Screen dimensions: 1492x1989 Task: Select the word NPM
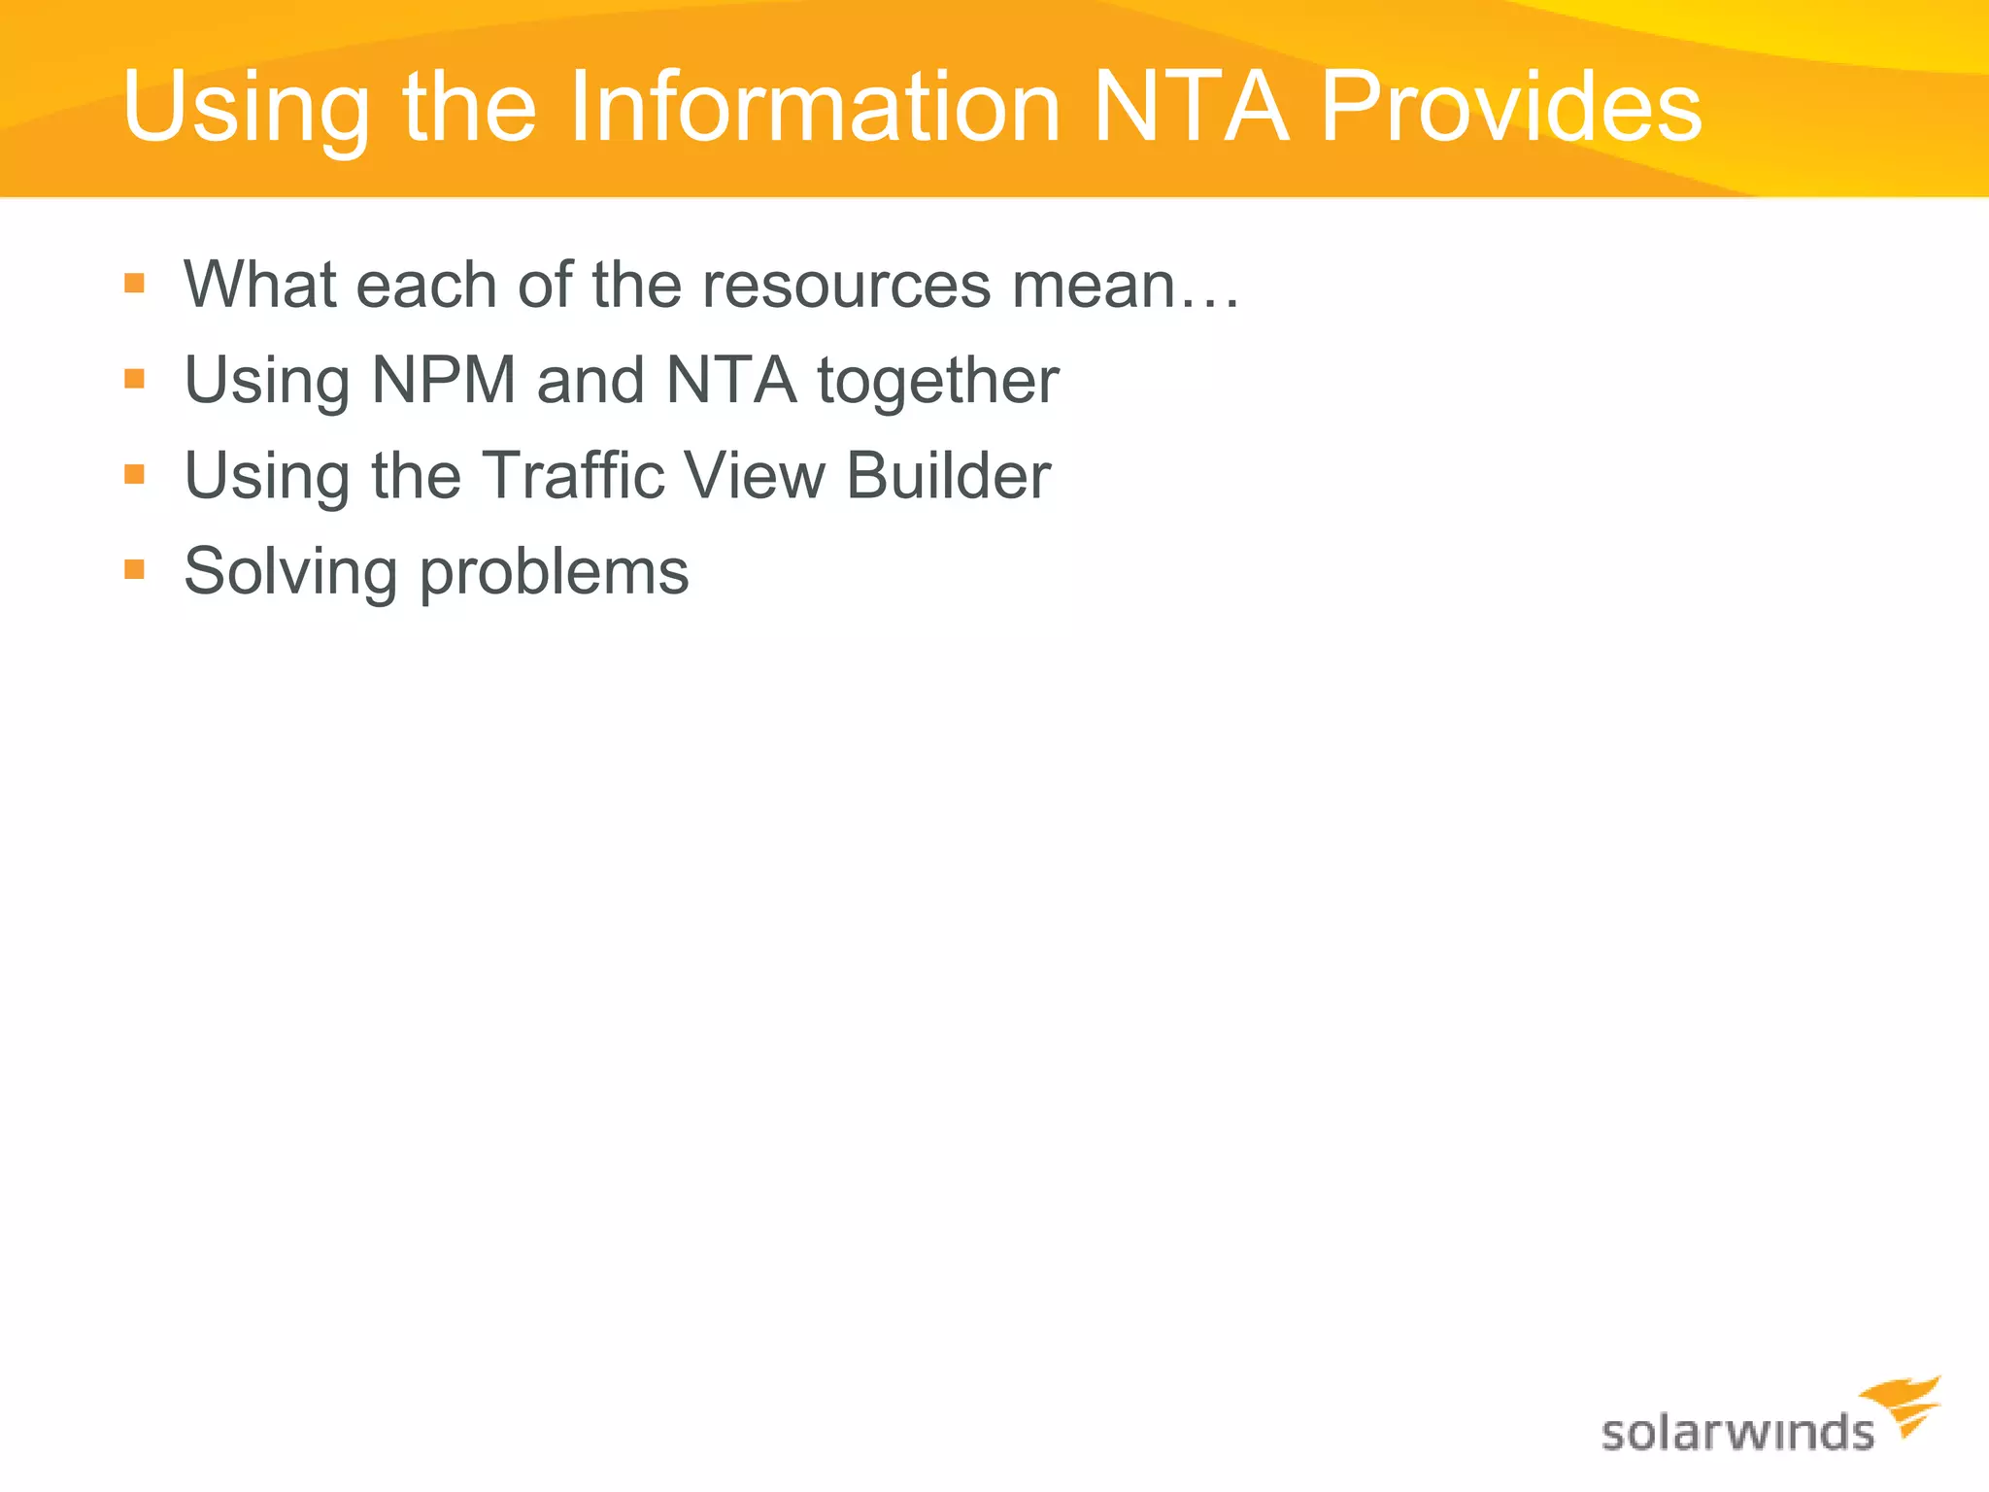444,380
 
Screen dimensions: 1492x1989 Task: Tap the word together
938,382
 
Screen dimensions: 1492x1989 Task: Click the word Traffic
573,475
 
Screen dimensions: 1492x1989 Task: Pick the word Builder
948,475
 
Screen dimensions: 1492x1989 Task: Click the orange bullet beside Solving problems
135,568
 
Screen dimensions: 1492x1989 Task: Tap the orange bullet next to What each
135,284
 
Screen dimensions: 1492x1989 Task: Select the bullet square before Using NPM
135,378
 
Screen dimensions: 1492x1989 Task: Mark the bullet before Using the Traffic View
135,474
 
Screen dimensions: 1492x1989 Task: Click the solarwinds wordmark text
1736,1433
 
